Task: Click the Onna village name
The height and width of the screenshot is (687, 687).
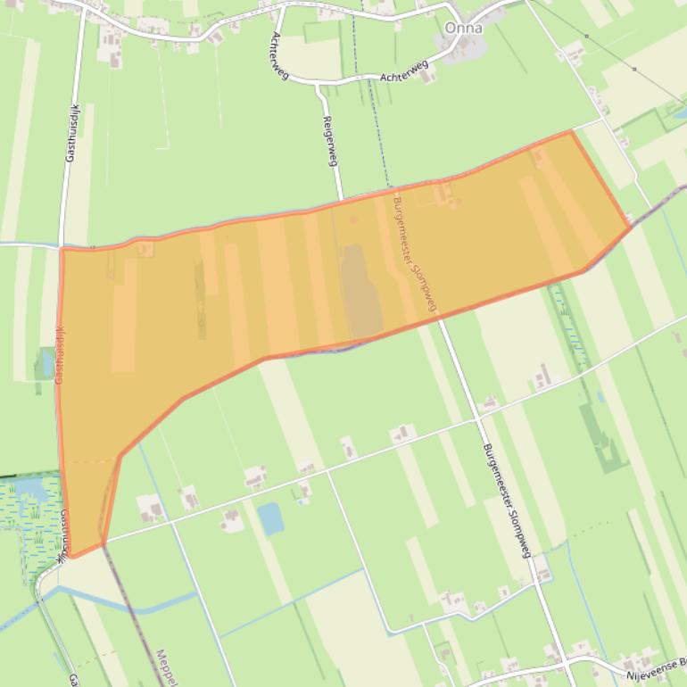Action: pos(463,28)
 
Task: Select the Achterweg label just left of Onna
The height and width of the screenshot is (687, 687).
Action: pos(404,71)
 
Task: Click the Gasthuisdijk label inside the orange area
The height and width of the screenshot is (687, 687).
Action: pos(60,354)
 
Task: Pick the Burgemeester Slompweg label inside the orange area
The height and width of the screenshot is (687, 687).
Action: pos(415,255)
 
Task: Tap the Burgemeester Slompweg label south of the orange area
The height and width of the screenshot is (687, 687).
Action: pos(506,500)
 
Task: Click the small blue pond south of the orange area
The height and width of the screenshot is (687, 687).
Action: pos(269,517)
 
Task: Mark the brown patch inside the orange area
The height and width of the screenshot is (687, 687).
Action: pos(360,291)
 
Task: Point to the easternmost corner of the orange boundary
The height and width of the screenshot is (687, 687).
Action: pos(631,227)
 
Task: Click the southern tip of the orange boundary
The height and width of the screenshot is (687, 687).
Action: pos(74,557)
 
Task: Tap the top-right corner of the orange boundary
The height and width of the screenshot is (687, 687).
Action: pos(571,131)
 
